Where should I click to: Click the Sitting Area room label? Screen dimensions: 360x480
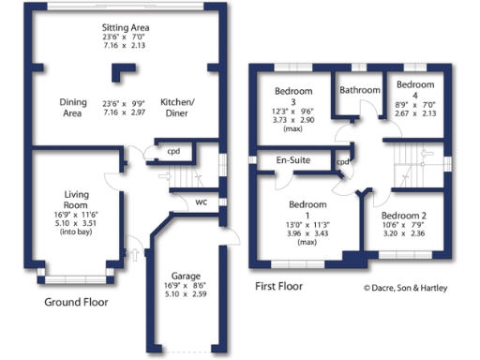coord(126,28)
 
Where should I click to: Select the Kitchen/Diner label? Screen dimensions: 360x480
coord(177,107)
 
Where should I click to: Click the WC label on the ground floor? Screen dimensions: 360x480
coord(202,202)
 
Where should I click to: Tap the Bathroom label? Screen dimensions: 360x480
coord(360,90)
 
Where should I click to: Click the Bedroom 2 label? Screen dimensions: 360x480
coord(409,215)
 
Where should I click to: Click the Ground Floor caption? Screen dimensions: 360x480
coord(76,303)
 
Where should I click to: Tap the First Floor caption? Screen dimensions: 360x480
coord(278,286)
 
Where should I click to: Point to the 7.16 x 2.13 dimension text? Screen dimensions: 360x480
coord(126,44)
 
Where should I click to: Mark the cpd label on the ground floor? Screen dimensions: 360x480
coord(173,151)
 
